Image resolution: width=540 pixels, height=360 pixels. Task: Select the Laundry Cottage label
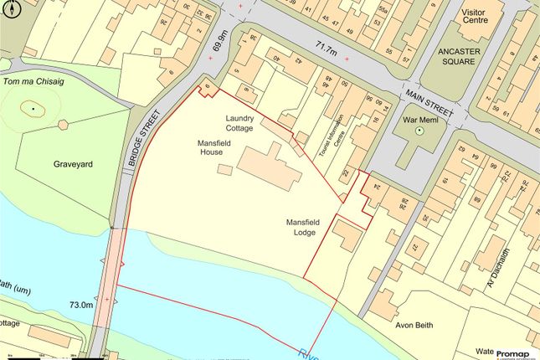(244, 122)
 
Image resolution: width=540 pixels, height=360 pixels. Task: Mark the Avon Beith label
(414, 324)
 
